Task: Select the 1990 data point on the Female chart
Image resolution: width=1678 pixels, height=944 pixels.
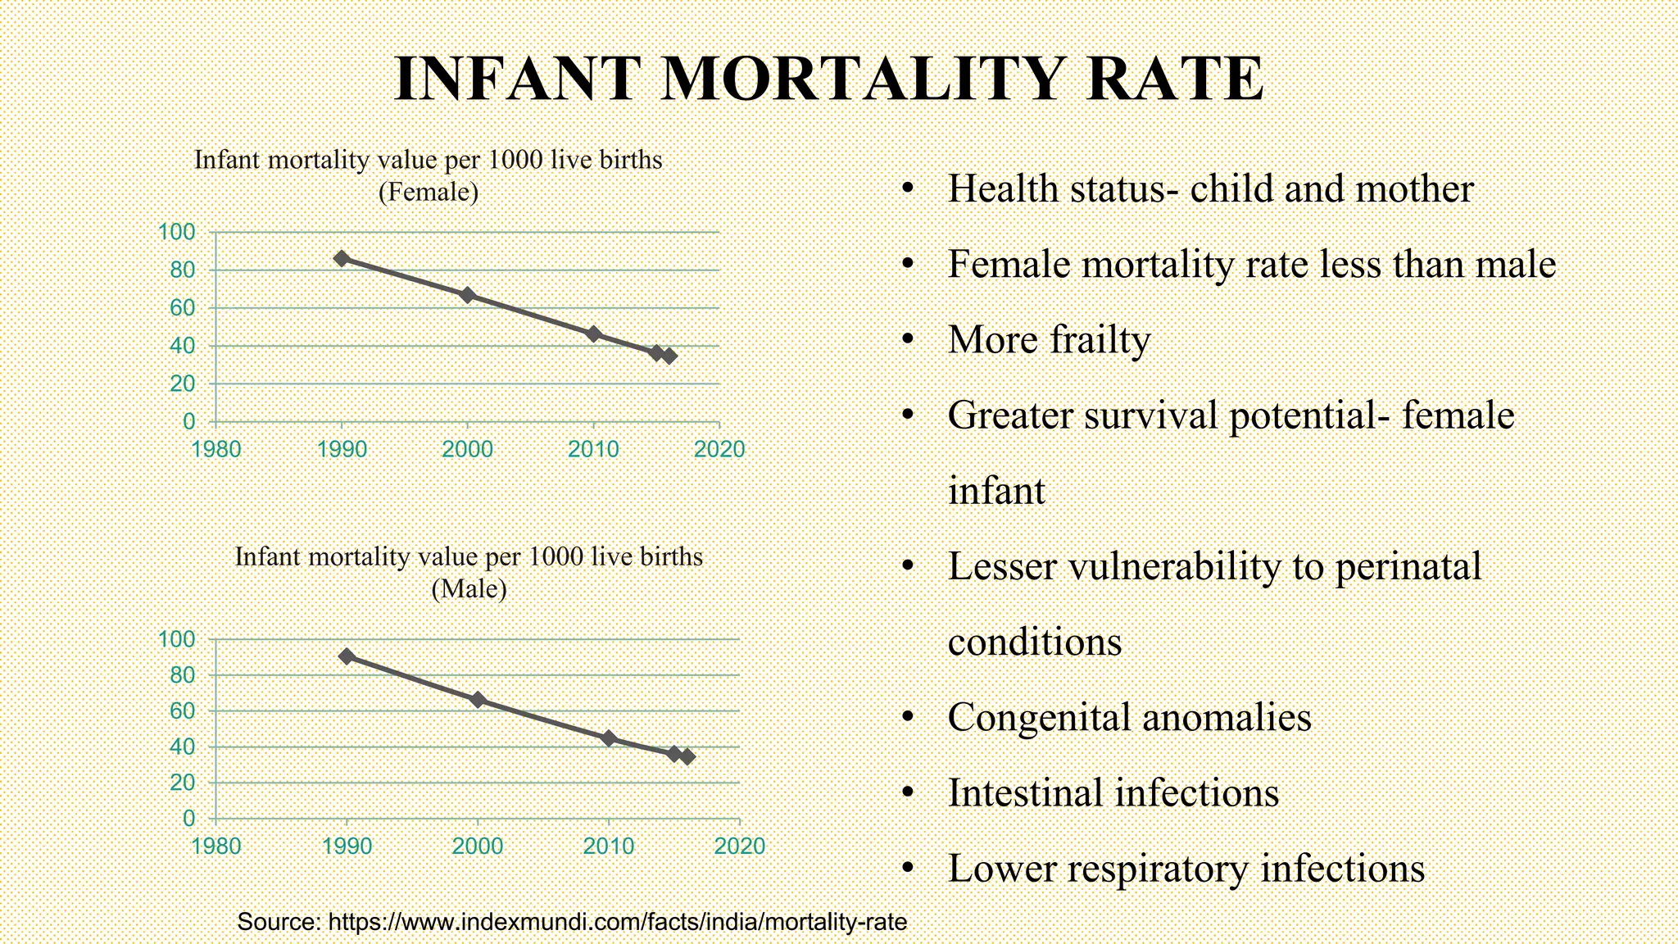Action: tap(342, 259)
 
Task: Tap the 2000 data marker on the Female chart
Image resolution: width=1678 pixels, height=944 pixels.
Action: tap(467, 295)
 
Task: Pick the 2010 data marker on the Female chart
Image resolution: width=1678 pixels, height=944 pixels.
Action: tap(593, 334)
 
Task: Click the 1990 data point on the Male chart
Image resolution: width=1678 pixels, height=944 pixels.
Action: tap(347, 656)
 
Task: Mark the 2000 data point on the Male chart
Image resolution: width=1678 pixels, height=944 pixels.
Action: tap(478, 700)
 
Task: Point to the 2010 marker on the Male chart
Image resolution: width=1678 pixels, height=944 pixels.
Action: tap(608, 738)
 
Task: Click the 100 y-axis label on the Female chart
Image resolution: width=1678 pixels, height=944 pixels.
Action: tap(177, 232)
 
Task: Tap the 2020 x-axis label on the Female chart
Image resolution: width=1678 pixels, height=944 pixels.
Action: tap(719, 449)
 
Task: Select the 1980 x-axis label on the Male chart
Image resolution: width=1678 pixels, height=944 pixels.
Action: tap(215, 846)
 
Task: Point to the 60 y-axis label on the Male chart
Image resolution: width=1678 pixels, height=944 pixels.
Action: tap(182, 710)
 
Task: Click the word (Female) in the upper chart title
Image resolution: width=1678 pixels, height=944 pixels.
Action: tap(428, 192)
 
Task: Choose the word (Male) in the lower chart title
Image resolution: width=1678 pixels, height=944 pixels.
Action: tap(469, 588)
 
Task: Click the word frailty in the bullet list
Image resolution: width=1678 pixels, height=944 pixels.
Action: tap(1100, 340)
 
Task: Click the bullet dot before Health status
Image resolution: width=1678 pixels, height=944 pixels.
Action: tap(907, 189)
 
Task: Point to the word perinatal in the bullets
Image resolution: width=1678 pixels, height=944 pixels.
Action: tap(1408, 567)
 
